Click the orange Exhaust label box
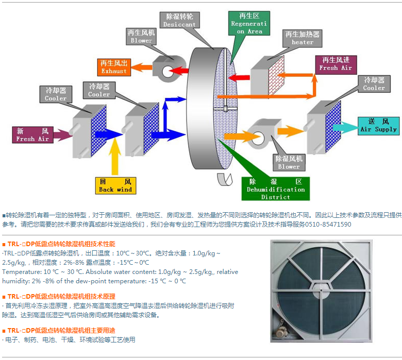(x=113, y=66)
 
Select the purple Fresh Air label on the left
(x=32, y=134)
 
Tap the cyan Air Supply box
(x=378, y=126)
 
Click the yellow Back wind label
(x=115, y=185)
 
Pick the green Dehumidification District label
(x=275, y=189)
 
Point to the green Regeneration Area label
(x=249, y=24)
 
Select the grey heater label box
(x=302, y=38)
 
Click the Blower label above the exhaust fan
(x=141, y=36)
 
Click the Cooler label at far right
(x=374, y=83)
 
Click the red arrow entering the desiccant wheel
(x=238, y=78)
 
